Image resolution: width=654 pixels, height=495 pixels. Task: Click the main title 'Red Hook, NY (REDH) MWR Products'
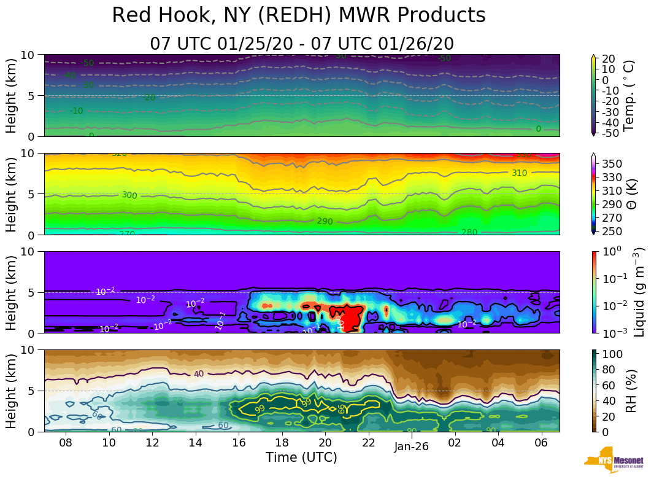[x=299, y=16]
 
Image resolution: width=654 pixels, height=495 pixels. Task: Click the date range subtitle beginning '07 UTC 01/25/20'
[x=302, y=44]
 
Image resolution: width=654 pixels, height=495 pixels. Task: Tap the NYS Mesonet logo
[x=614, y=463]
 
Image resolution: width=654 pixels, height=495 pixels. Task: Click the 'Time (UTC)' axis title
[x=301, y=458]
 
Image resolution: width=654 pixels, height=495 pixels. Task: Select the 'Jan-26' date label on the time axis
[x=411, y=447]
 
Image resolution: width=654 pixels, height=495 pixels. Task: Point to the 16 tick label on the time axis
[x=239, y=443]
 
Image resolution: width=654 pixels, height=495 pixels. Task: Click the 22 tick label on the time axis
[x=368, y=443]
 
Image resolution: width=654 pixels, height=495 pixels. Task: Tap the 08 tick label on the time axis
[x=66, y=443]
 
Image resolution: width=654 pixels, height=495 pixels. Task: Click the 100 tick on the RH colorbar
[x=611, y=354]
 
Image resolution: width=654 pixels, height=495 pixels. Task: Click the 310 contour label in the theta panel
[x=519, y=173]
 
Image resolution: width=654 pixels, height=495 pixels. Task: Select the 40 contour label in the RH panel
[x=198, y=374]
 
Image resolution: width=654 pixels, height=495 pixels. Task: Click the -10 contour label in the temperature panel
[x=76, y=111]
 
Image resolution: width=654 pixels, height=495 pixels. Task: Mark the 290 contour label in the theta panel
[x=325, y=221]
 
